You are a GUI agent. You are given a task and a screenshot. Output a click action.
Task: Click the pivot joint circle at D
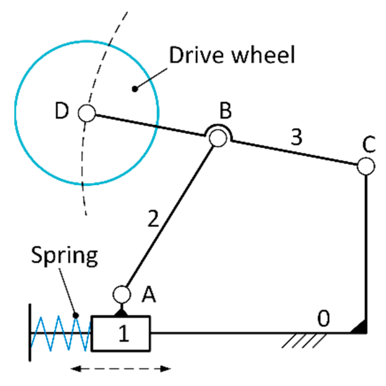pyautogui.click(x=87, y=113)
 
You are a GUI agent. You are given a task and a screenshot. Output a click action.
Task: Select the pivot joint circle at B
pyautogui.click(x=218, y=138)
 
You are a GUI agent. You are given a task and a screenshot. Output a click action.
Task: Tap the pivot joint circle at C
pyautogui.click(x=366, y=166)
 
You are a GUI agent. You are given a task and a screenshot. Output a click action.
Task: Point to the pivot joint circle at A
pyautogui.click(x=122, y=294)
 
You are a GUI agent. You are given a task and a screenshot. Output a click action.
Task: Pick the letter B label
pyautogui.click(x=226, y=111)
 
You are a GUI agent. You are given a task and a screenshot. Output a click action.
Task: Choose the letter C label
pyautogui.click(x=369, y=145)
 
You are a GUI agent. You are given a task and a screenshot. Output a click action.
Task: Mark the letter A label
pyautogui.click(x=149, y=294)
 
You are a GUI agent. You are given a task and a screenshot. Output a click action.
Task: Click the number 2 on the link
pyautogui.click(x=153, y=218)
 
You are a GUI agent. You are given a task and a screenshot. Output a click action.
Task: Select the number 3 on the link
pyautogui.click(x=296, y=137)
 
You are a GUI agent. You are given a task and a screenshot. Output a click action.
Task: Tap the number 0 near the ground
pyautogui.click(x=323, y=319)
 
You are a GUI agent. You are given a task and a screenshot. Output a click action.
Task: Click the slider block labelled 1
pyautogui.click(x=121, y=334)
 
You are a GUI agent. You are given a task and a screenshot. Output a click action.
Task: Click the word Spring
pyautogui.click(x=65, y=256)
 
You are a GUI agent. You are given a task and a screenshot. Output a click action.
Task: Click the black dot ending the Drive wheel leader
pyautogui.click(x=134, y=89)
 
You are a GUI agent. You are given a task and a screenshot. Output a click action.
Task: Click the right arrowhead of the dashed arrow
pyautogui.click(x=166, y=369)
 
